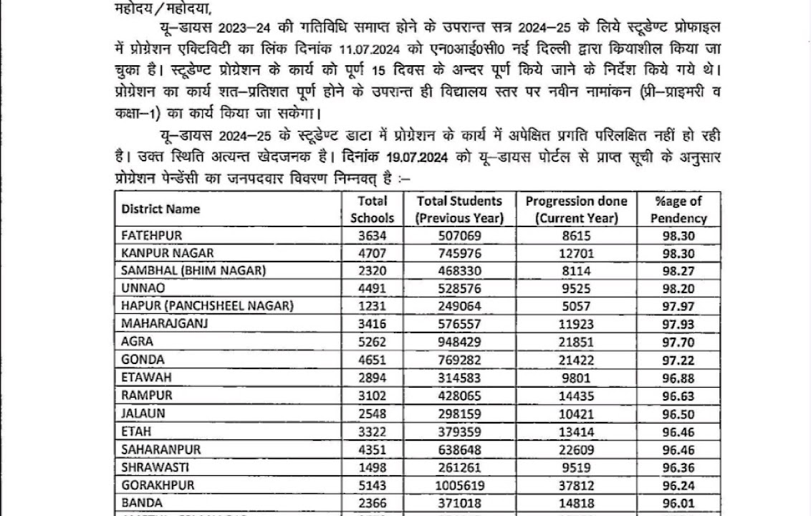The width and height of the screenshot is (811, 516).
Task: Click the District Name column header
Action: (160, 209)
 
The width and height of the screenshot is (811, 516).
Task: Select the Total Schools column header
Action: (372, 209)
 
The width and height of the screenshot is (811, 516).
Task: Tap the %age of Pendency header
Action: (678, 209)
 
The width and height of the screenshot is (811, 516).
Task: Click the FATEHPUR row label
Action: (152, 236)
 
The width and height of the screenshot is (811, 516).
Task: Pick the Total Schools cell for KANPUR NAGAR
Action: (372, 253)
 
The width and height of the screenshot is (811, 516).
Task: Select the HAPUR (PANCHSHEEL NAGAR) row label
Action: (207, 306)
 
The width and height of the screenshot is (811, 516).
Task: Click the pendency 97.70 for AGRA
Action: (678, 342)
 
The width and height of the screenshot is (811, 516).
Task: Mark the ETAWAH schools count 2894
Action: (372, 378)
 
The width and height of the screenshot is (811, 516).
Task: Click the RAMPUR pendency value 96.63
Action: (678, 396)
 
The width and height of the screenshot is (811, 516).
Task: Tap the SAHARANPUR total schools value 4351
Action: (372, 449)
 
